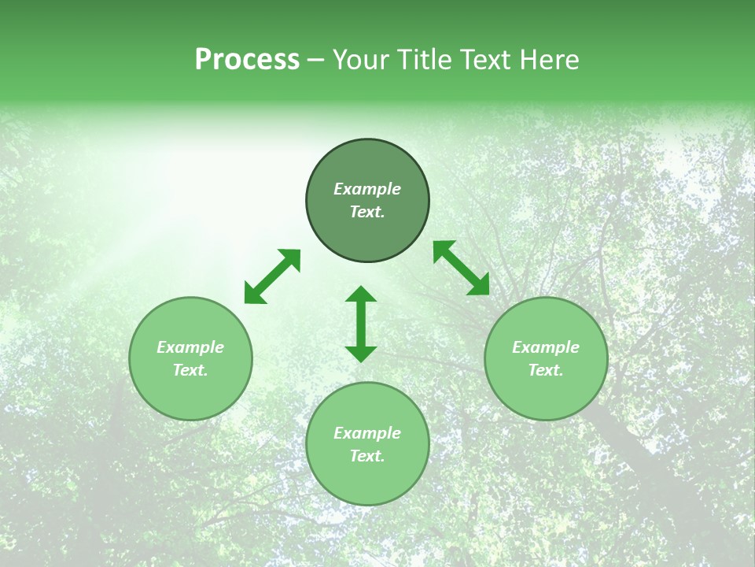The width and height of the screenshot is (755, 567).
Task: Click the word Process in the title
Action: (x=247, y=60)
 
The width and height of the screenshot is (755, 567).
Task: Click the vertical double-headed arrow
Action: (x=361, y=324)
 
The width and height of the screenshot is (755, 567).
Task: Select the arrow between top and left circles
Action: (x=272, y=276)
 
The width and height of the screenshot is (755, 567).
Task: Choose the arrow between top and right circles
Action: (x=461, y=268)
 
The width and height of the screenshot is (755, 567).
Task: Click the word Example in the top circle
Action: (x=367, y=189)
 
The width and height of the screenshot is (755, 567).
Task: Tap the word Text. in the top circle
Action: (x=367, y=212)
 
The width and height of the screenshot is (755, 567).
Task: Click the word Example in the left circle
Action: (x=190, y=347)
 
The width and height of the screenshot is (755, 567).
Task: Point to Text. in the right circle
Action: (x=546, y=370)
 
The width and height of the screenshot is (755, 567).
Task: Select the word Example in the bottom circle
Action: (x=367, y=433)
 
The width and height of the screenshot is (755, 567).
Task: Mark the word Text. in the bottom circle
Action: (x=367, y=456)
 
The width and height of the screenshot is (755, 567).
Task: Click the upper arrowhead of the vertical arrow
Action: (x=361, y=295)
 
